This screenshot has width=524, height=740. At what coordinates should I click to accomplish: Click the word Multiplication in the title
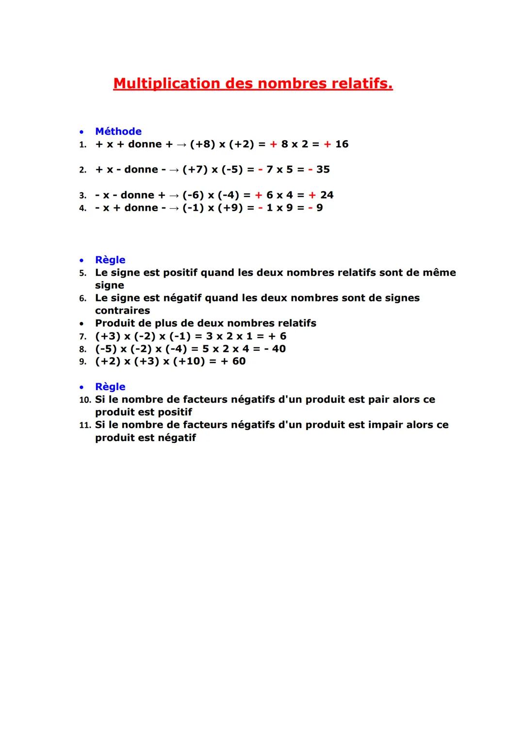[166, 84]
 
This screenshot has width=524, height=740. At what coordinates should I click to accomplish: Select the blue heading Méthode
[118, 131]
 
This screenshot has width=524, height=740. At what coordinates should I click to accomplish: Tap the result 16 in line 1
[342, 144]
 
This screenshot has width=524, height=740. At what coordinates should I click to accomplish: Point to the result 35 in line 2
[323, 170]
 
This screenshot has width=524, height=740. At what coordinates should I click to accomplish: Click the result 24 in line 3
[327, 195]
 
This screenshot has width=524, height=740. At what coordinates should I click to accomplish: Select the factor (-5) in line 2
[231, 170]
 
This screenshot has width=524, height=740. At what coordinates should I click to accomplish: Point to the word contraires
[122, 311]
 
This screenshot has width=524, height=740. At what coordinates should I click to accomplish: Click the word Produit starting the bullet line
[115, 323]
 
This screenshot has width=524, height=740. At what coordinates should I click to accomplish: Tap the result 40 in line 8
[278, 349]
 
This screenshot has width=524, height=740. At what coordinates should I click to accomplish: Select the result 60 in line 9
[239, 362]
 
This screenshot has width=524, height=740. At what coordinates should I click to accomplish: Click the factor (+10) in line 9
[189, 362]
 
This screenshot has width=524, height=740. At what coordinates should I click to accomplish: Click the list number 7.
[83, 337]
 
